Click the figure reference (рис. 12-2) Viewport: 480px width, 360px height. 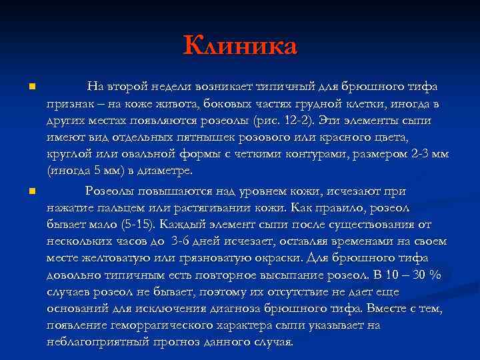tap(280, 121)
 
